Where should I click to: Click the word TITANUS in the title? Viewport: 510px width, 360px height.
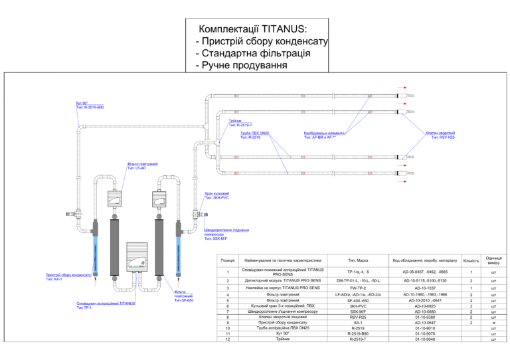point(284,30)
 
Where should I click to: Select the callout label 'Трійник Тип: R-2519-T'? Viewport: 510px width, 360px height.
point(240,123)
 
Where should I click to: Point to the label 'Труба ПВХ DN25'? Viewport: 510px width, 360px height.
point(255,133)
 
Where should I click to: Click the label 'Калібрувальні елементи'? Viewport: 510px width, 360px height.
point(323,133)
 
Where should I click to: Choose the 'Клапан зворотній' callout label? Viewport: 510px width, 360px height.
point(441,133)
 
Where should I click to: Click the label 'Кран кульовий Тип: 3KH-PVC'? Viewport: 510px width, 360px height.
point(217,196)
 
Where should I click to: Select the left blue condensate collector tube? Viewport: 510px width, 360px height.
point(96,246)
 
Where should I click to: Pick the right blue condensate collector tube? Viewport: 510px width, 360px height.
point(178,246)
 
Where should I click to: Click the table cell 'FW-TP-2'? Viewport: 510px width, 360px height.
point(359,288)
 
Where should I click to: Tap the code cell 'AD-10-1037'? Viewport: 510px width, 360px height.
point(425,288)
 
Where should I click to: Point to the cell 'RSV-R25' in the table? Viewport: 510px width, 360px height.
point(359,317)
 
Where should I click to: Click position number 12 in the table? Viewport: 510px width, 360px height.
point(228,339)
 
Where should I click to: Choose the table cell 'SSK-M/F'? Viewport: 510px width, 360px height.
point(359,311)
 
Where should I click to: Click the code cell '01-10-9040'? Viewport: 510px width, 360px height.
point(425,339)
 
